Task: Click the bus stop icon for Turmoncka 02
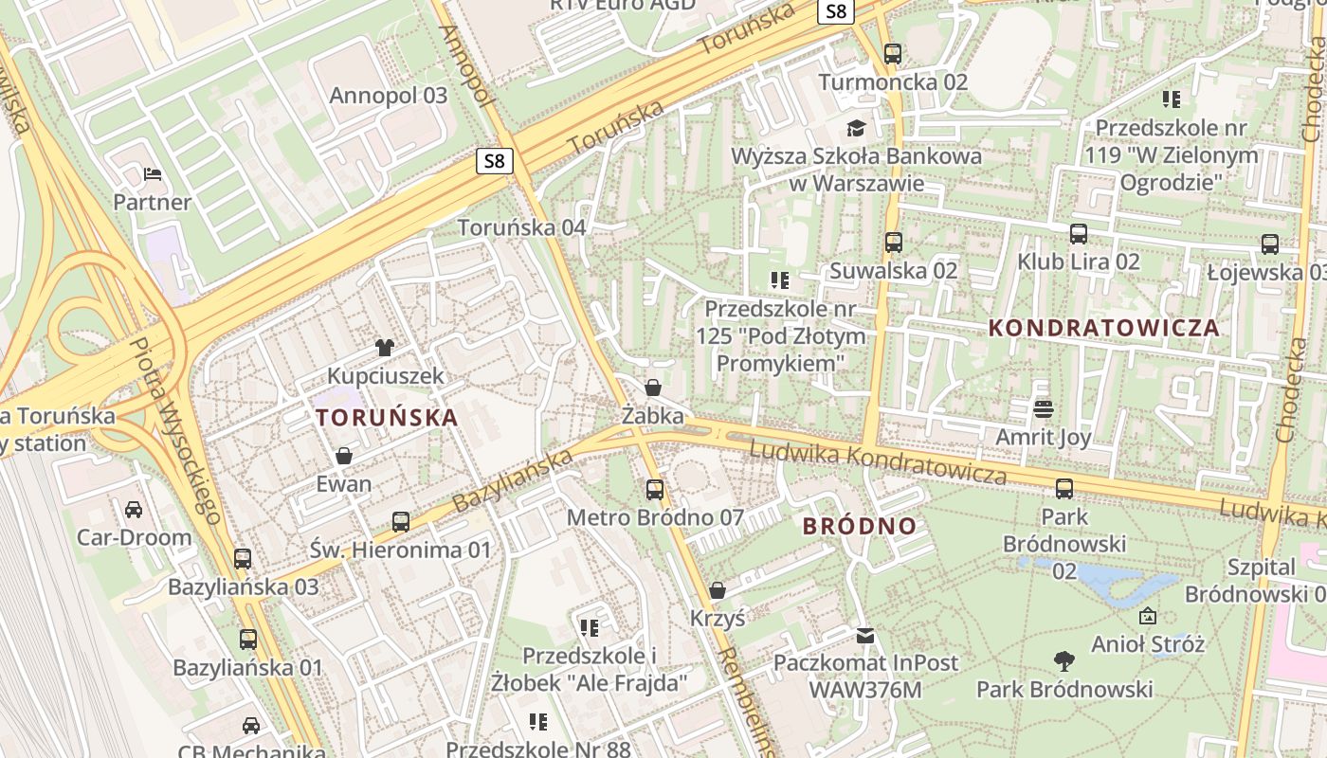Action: (x=892, y=54)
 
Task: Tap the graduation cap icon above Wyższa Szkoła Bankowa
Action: (x=857, y=128)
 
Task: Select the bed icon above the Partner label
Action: (x=152, y=174)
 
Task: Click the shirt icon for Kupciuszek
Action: (x=385, y=348)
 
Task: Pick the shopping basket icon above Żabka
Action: (x=652, y=388)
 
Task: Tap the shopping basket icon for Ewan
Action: (x=343, y=456)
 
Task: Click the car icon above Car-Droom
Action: (x=134, y=510)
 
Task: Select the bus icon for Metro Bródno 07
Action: (x=654, y=490)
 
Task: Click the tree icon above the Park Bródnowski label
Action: (x=1064, y=660)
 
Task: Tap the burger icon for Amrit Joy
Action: (x=1044, y=409)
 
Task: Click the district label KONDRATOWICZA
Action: (x=1103, y=329)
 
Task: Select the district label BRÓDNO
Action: (x=860, y=526)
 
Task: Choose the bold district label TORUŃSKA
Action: (x=387, y=417)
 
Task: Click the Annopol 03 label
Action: (x=388, y=96)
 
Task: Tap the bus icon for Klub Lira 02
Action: (x=1078, y=234)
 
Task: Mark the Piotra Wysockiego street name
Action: (x=175, y=430)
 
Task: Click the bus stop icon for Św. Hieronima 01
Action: (x=401, y=521)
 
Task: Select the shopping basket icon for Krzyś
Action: (x=718, y=590)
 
